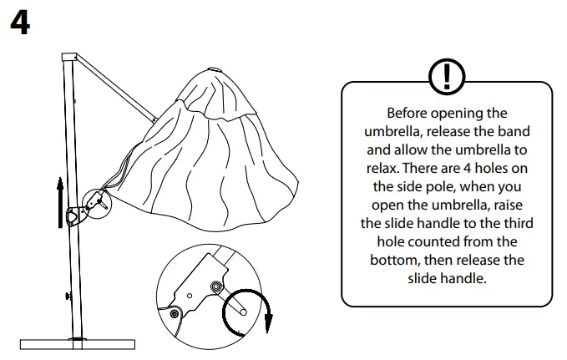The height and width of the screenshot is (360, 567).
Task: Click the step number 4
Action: click(20, 23)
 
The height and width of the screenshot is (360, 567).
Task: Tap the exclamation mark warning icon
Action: click(447, 77)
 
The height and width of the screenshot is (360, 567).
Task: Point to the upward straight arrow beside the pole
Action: click(60, 203)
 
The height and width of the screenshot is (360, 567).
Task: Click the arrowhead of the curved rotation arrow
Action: click(268, 323)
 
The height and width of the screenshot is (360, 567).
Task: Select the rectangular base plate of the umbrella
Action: click(78, 344)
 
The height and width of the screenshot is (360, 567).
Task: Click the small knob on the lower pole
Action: click(68, 297)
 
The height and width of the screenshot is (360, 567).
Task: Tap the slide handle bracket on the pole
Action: click(77, 216)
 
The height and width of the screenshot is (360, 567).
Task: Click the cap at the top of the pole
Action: click(69, 57)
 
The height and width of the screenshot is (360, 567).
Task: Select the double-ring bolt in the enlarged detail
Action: click(216, 287)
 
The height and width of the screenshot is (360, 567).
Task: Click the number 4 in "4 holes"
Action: click(467, 168)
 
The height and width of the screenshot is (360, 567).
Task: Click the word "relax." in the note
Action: click(382, 168)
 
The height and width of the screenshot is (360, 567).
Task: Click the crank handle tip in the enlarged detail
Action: click(243, 312)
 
